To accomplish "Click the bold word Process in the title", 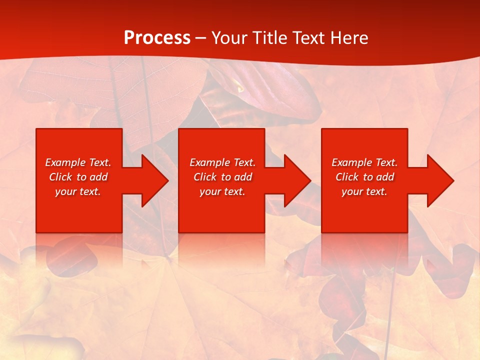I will tap(157, 38).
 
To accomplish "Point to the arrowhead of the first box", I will tap(152, 180).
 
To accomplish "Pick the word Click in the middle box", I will tap(205, 177).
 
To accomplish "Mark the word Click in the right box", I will tap(347, 177).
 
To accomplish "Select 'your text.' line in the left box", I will tap(78, 191).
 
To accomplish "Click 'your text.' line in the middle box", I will tap(222, 191).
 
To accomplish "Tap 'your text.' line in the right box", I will tap(364, 191).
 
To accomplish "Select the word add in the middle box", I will tap(243, 177).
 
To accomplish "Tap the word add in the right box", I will tap(385, 177).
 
